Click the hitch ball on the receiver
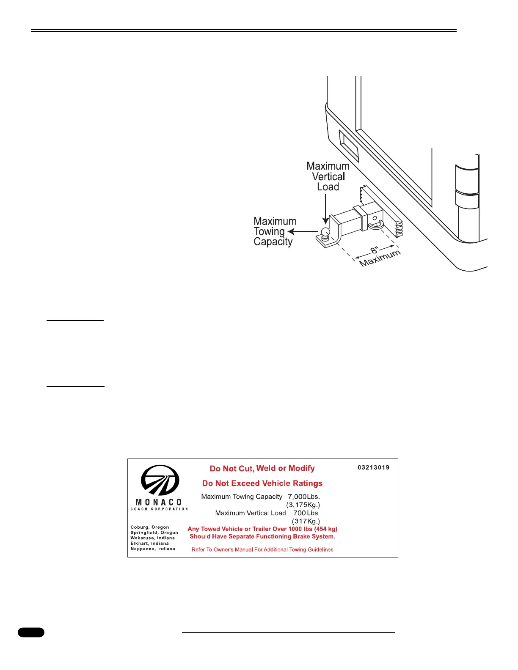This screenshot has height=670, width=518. [325, 233]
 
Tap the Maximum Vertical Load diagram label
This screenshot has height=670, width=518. [328, 176]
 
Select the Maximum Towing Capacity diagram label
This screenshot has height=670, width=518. [275, 231]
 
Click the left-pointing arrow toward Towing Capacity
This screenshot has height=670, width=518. [303, 231]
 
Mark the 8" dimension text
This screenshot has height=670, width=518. [374, 251]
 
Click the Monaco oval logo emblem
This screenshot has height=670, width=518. [160, 480]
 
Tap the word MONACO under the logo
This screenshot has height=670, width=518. [159, 502]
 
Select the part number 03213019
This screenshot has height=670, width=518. [373, 467]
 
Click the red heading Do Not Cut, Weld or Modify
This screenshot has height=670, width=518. [262, 468]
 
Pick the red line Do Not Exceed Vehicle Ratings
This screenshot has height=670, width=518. [262, 483]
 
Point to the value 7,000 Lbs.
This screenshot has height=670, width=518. [304, 497]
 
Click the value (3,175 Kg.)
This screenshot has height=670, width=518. [303, 505]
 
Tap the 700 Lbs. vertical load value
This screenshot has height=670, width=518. [306, 513]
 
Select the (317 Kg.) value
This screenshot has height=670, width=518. [306, 521]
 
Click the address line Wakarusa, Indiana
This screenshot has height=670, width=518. [152, 538]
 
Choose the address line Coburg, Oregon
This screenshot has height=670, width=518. [149, 527]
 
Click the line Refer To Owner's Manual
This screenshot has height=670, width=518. [262, 549]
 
